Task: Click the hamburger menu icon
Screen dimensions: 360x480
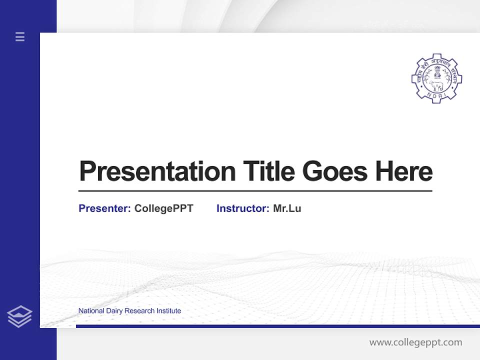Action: [20, 36]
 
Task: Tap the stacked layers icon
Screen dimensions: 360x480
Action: [19, 316]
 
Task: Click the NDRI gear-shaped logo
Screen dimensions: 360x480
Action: [436, 78]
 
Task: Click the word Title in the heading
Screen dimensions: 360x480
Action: [268, 171]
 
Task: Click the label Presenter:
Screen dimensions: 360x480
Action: [104, 208]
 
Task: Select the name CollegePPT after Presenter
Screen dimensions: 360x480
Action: [163, 208]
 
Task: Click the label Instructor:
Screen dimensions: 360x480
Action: [242, 208]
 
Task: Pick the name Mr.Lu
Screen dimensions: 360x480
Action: [287, 208]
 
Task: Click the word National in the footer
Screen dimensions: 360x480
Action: [91, 311]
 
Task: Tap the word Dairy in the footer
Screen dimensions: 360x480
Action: [114, 311]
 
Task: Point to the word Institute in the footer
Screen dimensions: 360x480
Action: [168, 311]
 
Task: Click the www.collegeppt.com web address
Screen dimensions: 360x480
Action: [415, 342]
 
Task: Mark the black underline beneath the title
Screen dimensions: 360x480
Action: [255, 191]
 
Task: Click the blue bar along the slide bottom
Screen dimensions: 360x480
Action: [277, 326]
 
